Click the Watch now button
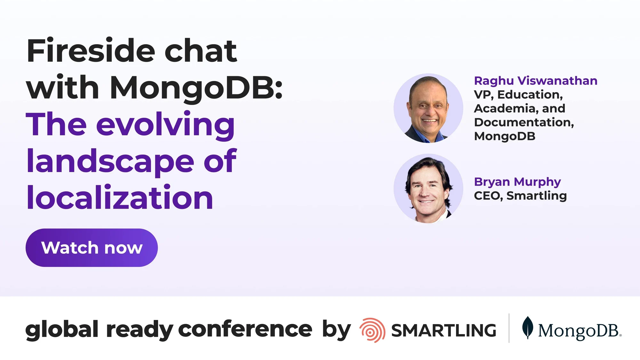[92, 248]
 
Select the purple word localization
[120, 198]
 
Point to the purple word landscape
[110, 162]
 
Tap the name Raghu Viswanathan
[535, 81]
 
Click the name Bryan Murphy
[517, 182]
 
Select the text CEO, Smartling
[520, 196]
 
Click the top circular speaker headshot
[428, 108]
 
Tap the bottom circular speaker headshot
[428, 188]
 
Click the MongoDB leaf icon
[527, 327]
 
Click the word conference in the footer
[245, 329]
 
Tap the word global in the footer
[62, 330]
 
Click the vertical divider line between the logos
[509, 328]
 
